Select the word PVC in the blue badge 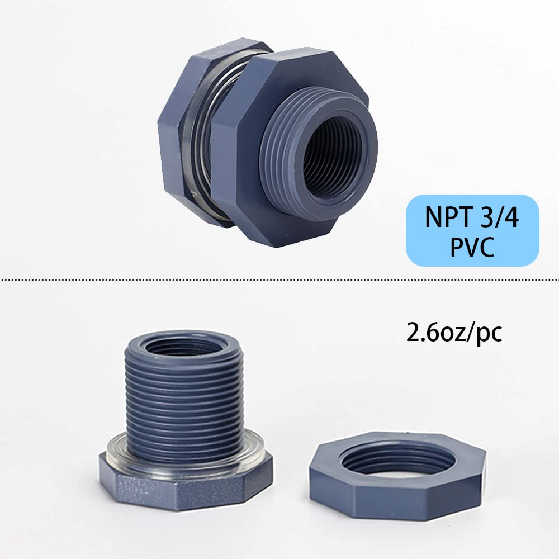473,247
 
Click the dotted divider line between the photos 279,278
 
